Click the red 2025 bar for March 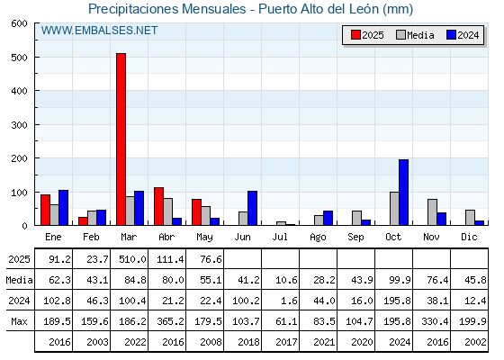(121, 139)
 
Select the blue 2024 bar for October (404, 193)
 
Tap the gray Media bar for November (432, 212)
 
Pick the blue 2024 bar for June (252, 208)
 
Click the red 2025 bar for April (158, 206)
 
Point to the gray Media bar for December (470, 218)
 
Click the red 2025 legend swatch (355, 35)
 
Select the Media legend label (420, 35)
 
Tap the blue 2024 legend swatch (451, 35)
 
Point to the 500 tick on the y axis (19, 58)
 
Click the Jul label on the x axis (280, 237)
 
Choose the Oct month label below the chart (393, 237)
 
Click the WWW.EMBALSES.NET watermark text (99, 31)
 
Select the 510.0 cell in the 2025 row (132, 259)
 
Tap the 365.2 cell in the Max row (170, 321)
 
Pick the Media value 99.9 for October (400, 280)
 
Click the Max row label (19, 321)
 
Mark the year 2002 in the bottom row (475, 342)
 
